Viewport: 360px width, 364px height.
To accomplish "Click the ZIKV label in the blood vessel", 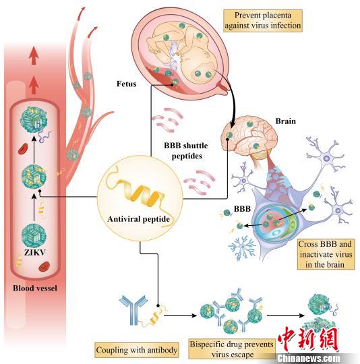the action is (x=35, y=252).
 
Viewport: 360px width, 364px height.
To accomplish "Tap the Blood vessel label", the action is (x=35, y=288).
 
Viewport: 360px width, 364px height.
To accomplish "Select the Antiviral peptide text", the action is (x=139, y=219).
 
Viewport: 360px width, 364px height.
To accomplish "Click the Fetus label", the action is (x=126, y=84).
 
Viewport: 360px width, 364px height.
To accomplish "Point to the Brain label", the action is (x=285, y=121).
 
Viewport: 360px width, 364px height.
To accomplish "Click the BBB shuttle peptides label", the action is (x=186, y=151).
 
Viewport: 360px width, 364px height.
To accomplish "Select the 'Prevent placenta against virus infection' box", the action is (x=263, y=20).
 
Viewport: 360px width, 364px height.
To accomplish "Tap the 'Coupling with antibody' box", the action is (x=136, y=350).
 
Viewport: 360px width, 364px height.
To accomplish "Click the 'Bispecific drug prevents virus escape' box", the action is (x=232, y=349).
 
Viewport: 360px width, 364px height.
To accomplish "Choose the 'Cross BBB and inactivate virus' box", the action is (x=326, y=254).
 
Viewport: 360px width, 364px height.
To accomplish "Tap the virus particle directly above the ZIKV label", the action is (x=34, y=236).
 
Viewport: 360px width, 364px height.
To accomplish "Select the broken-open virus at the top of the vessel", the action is (x=34, y=120).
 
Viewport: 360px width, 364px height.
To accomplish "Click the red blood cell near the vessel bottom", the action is (x=44, y=267).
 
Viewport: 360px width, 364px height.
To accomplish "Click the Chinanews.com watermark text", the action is (x=309, y=358).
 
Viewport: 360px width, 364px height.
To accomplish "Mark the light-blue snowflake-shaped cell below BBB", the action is (x=242, y=247).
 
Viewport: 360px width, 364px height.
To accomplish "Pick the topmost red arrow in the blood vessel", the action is (x=34, y=55).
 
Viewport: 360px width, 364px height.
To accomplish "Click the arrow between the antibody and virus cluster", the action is (x=181, y=315).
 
